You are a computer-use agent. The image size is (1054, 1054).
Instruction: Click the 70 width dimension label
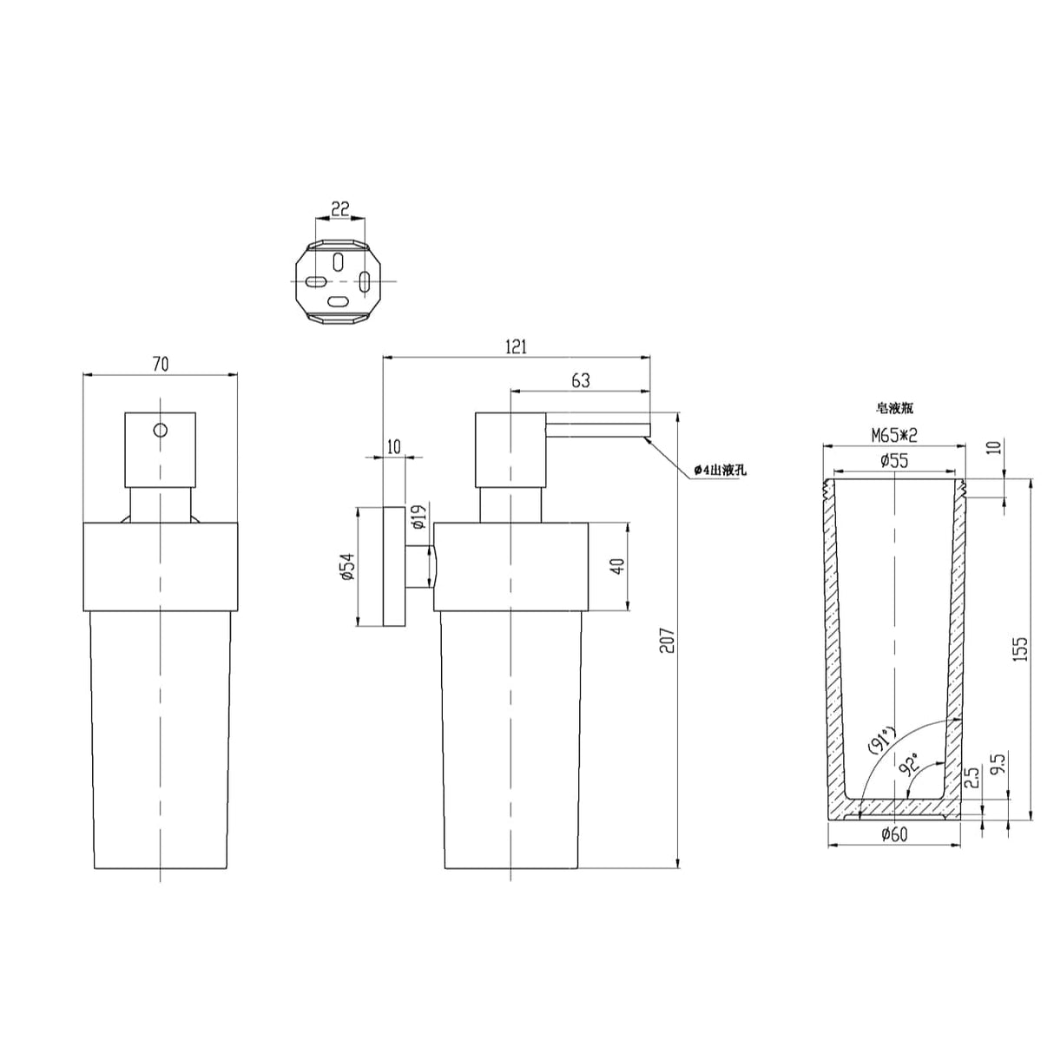point(161,365)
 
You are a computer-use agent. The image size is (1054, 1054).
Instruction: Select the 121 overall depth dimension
point(516,346)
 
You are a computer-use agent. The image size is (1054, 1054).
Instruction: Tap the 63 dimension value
point(581,380)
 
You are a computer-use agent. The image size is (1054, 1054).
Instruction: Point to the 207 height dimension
point(668,641)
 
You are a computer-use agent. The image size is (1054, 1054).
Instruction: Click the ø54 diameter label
point(349,567)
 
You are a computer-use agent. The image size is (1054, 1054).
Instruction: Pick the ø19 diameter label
point(419,517)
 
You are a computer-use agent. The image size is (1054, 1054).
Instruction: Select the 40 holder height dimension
point(618,566)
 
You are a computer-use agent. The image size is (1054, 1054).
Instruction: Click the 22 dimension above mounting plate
point(340,209)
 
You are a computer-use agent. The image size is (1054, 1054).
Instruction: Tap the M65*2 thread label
point(894,435)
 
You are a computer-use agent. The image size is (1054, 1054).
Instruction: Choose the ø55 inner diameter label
point(894,460)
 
